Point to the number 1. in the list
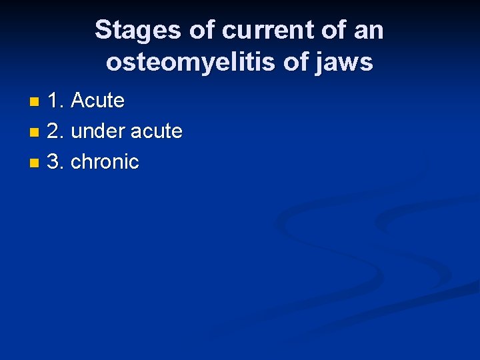pyautogui.click(x=56, y=101)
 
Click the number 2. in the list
pyautogui.click(x=56, y=131)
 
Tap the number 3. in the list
pyautogui.click(x=56, y=162)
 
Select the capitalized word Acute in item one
pyautogui.click(x=97, y=101)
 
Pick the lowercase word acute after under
pyautogui.click(x=156, y=131)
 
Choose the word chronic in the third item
pyautogui.click(x=105, y=162)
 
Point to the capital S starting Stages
pyautogui.click(x=103, y=31)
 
